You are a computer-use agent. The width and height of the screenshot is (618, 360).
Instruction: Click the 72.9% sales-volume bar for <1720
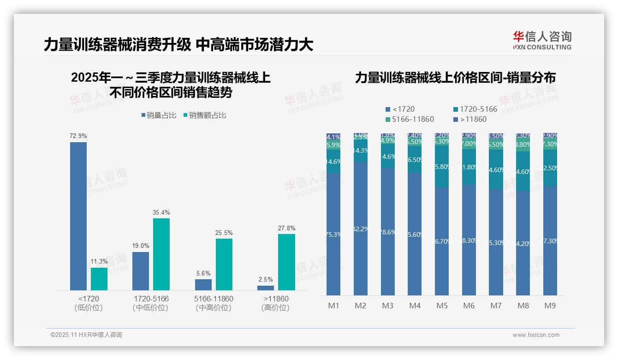(x=78, y=216)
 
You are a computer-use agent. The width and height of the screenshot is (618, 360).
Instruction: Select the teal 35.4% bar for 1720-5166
(x=161, y=254)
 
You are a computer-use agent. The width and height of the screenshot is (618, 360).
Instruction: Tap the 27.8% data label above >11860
(x=286, y=228)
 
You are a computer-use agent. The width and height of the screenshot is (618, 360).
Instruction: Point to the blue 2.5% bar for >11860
(x=266, y=288)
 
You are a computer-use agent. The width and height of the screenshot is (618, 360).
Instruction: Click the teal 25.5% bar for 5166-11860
(x=224, y=264)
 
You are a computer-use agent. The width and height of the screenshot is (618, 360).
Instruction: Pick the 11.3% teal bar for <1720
(x=99, y=279)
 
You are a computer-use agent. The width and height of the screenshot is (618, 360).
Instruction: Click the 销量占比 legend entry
(x=159, y=115)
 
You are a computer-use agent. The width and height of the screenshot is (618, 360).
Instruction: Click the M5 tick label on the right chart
(x=441, y=306)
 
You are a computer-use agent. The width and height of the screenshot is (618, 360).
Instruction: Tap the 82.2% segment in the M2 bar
(x=361, y=228)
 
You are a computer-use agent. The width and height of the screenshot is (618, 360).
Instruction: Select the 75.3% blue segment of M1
(x=333, y=234)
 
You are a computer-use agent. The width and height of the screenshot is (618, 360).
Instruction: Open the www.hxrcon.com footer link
(x=535, y=335)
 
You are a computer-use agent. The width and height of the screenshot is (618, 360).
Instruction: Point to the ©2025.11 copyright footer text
(x=86, y=335)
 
